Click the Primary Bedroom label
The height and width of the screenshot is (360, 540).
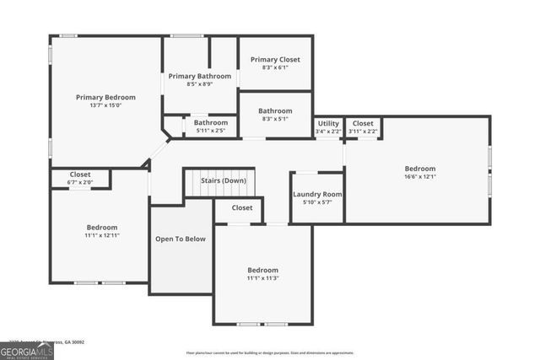pyautogui.click(x=105, y=97)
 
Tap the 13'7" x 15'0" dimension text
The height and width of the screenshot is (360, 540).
pyautogui.click(x=105, y=106)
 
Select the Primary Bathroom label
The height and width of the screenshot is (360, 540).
pyautogui.click(x=199, y=76)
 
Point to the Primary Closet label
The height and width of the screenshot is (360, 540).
pyautogui.click(x=275, y=60)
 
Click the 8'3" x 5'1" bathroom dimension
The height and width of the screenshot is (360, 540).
pyautogui.click(x=275, y=120)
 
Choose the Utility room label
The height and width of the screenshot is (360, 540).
pyautogui.click(x=328, y=123)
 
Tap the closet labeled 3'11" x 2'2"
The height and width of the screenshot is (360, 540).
pyautogui.click(x=363, y=132)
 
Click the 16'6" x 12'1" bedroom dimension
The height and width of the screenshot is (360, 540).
pyautogui.click(x=419, y=177)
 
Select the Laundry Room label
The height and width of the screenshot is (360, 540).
pyautogui.click(x=317, y=195)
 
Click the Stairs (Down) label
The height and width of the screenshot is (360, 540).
pyautogui.click(x=224, y=180)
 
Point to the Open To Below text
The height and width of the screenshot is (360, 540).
pyautogui.click(x=181, y=239)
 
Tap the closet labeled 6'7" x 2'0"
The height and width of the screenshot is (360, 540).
pyautogui.click(x=80, y=182)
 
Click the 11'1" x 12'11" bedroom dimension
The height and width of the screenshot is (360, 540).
pyautogui.click(x=102, y=236)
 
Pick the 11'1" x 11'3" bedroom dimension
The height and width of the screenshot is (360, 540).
pyautogui.click(x=262, y=278)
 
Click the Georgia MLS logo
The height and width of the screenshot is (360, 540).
pyautogui.click(x=26, y=349)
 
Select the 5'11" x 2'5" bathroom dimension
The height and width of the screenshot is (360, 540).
pyautogui.click(x=210, y=131)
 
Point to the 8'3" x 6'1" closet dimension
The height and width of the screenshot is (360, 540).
pyautogui.click(x=275, y=68)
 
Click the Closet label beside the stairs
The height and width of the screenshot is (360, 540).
pyautogui.click(x=242, y=207)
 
